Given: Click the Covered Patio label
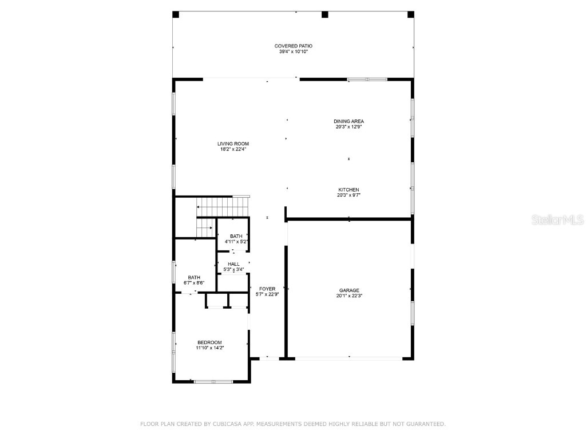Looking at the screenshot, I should pyautogui.click(x=293, y=46).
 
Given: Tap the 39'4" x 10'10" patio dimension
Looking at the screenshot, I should pyautogui.click(x=293, y=52).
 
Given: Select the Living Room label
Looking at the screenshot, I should pyautogui.click(x=233, y=143).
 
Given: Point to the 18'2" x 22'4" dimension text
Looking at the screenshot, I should pyautogui.click(x=233, y=150).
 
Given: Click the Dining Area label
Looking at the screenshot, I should pyautogui.click(x=349, y=121).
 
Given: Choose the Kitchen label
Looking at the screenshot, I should pyautogui.click(x=349, y=190).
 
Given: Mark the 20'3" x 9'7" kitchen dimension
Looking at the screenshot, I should pyautogui.click(x=349, y=195).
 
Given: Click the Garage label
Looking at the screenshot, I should pyautogui.click(x=349, y=290).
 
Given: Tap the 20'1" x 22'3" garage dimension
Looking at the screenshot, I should pyautogui.click(x=349, y=296).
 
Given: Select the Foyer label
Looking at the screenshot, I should pyautogui.click(x=267, y=289).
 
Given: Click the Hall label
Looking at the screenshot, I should pyautogui.click(x=233, y=264).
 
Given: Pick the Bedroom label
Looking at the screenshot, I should pyautogui.click(x=209, y=342).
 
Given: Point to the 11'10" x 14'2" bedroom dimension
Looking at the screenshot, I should pyautogui.click(x=209, y=348).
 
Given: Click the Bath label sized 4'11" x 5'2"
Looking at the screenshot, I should pyautogui.click(x=236, y=236).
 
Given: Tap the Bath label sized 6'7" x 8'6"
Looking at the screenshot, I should pyautogui.click(x=194, y=277).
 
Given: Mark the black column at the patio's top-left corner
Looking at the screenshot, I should pyautogui.click(x=176, y=14).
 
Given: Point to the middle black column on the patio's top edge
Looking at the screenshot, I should pyautogui.click(x=324, y=14).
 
